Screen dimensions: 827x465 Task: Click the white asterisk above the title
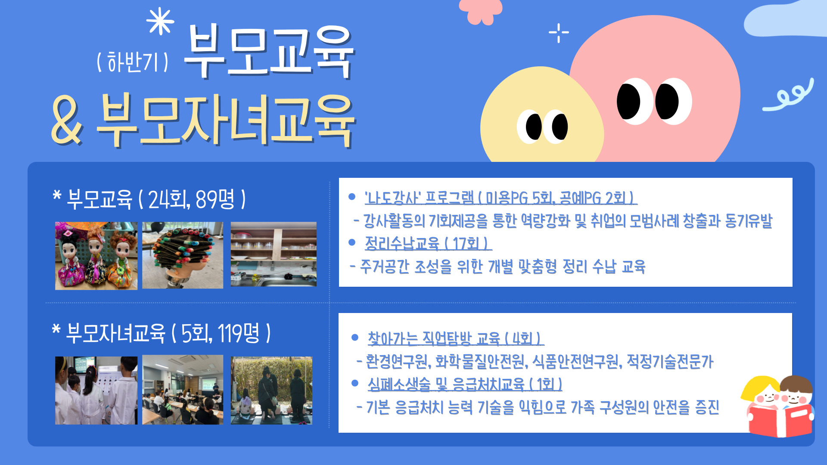[160, 22]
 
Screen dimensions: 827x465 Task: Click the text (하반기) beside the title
[133, 62]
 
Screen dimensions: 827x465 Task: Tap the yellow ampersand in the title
[66, 120]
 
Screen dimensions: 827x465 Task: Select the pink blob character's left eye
[629, 101]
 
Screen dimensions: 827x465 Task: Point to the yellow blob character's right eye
[560, 127]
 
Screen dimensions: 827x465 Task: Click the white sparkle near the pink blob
[559, 32]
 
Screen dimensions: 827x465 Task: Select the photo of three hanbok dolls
[96, 256]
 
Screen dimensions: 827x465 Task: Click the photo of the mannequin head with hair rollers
[183, 255]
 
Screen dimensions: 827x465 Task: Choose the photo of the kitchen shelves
[274, 254]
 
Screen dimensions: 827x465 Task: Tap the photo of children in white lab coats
[96, 391]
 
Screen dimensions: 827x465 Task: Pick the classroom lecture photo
[183, 390]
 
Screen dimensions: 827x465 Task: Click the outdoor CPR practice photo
[271, 391]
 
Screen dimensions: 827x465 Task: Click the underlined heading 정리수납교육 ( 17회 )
[427, 244]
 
